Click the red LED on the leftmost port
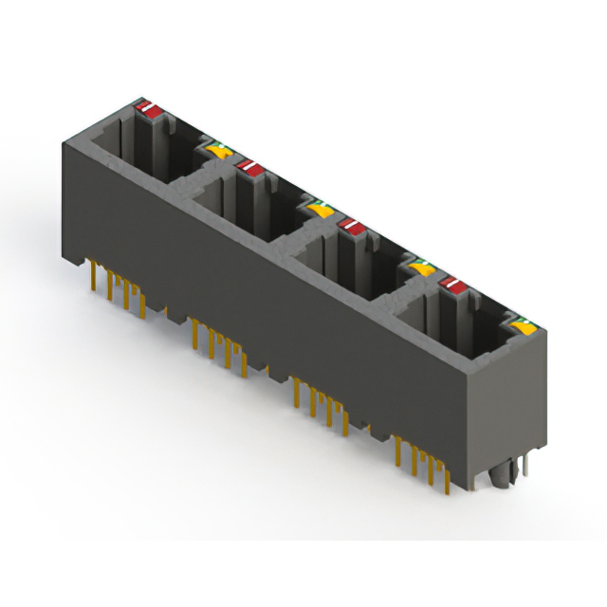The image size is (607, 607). click(x=149, y=109)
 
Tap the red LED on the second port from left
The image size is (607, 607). click(x=251, y=168)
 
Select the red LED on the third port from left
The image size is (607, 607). click(x=352, y=226)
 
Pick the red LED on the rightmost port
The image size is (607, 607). click(x=452, y=284)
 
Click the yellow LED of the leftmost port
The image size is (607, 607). click(x=217, y=150)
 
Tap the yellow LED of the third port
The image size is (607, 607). click(x=420, y=268)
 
